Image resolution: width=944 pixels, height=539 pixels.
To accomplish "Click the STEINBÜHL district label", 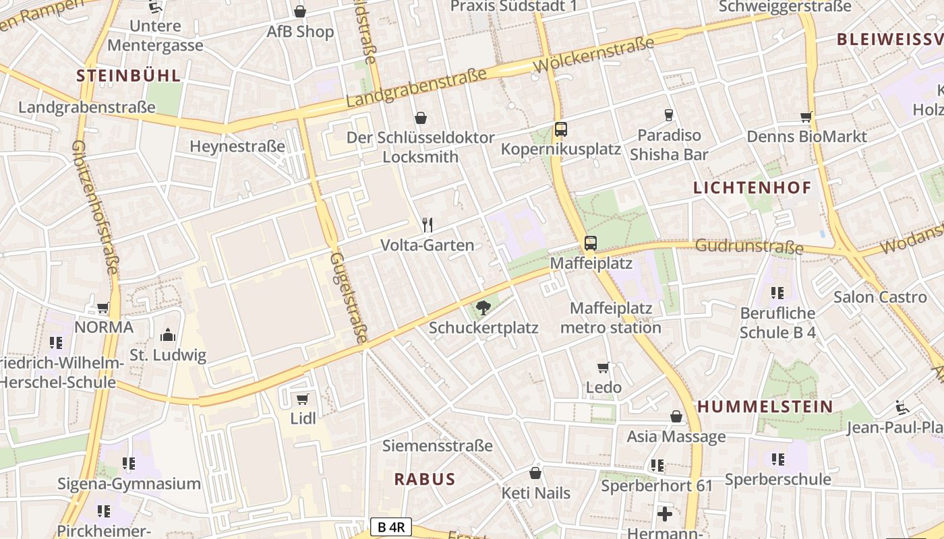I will coord(129,75).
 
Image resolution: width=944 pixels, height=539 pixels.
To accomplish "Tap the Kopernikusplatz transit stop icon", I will coord(560,129).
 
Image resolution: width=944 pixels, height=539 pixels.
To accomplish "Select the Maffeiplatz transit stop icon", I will coord(591,243).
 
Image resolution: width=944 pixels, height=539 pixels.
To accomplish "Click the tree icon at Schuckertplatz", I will coord(483,309).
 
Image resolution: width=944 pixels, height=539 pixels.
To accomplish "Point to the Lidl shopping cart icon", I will coord(303,399).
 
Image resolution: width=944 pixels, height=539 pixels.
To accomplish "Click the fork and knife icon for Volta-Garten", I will coord(427,225).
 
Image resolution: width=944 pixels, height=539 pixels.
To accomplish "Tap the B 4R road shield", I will coord(390,527).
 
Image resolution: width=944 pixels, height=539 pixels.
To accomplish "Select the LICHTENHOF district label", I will coord(753,188).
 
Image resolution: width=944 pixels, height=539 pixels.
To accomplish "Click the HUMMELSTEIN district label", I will coord(765,406).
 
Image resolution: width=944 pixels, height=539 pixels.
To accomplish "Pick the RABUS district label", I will coord(425,479).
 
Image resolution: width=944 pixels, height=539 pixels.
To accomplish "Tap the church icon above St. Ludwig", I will coord(167,335).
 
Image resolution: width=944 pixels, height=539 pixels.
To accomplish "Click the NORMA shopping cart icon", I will coord(103,308).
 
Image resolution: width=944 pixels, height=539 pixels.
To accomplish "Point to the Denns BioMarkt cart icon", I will coord(806,117).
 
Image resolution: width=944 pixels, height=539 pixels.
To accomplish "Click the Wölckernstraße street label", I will coord(593,55).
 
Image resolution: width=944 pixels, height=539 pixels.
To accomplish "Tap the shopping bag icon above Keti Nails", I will coord(535,473).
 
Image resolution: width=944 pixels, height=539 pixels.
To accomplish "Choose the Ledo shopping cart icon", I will coord(603,368).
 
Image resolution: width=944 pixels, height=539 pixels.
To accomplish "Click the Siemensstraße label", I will coord(438,445).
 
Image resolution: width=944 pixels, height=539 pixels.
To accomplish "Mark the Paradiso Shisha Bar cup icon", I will coord(669,115).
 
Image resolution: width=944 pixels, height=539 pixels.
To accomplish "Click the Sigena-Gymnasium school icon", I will coord(129,464).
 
